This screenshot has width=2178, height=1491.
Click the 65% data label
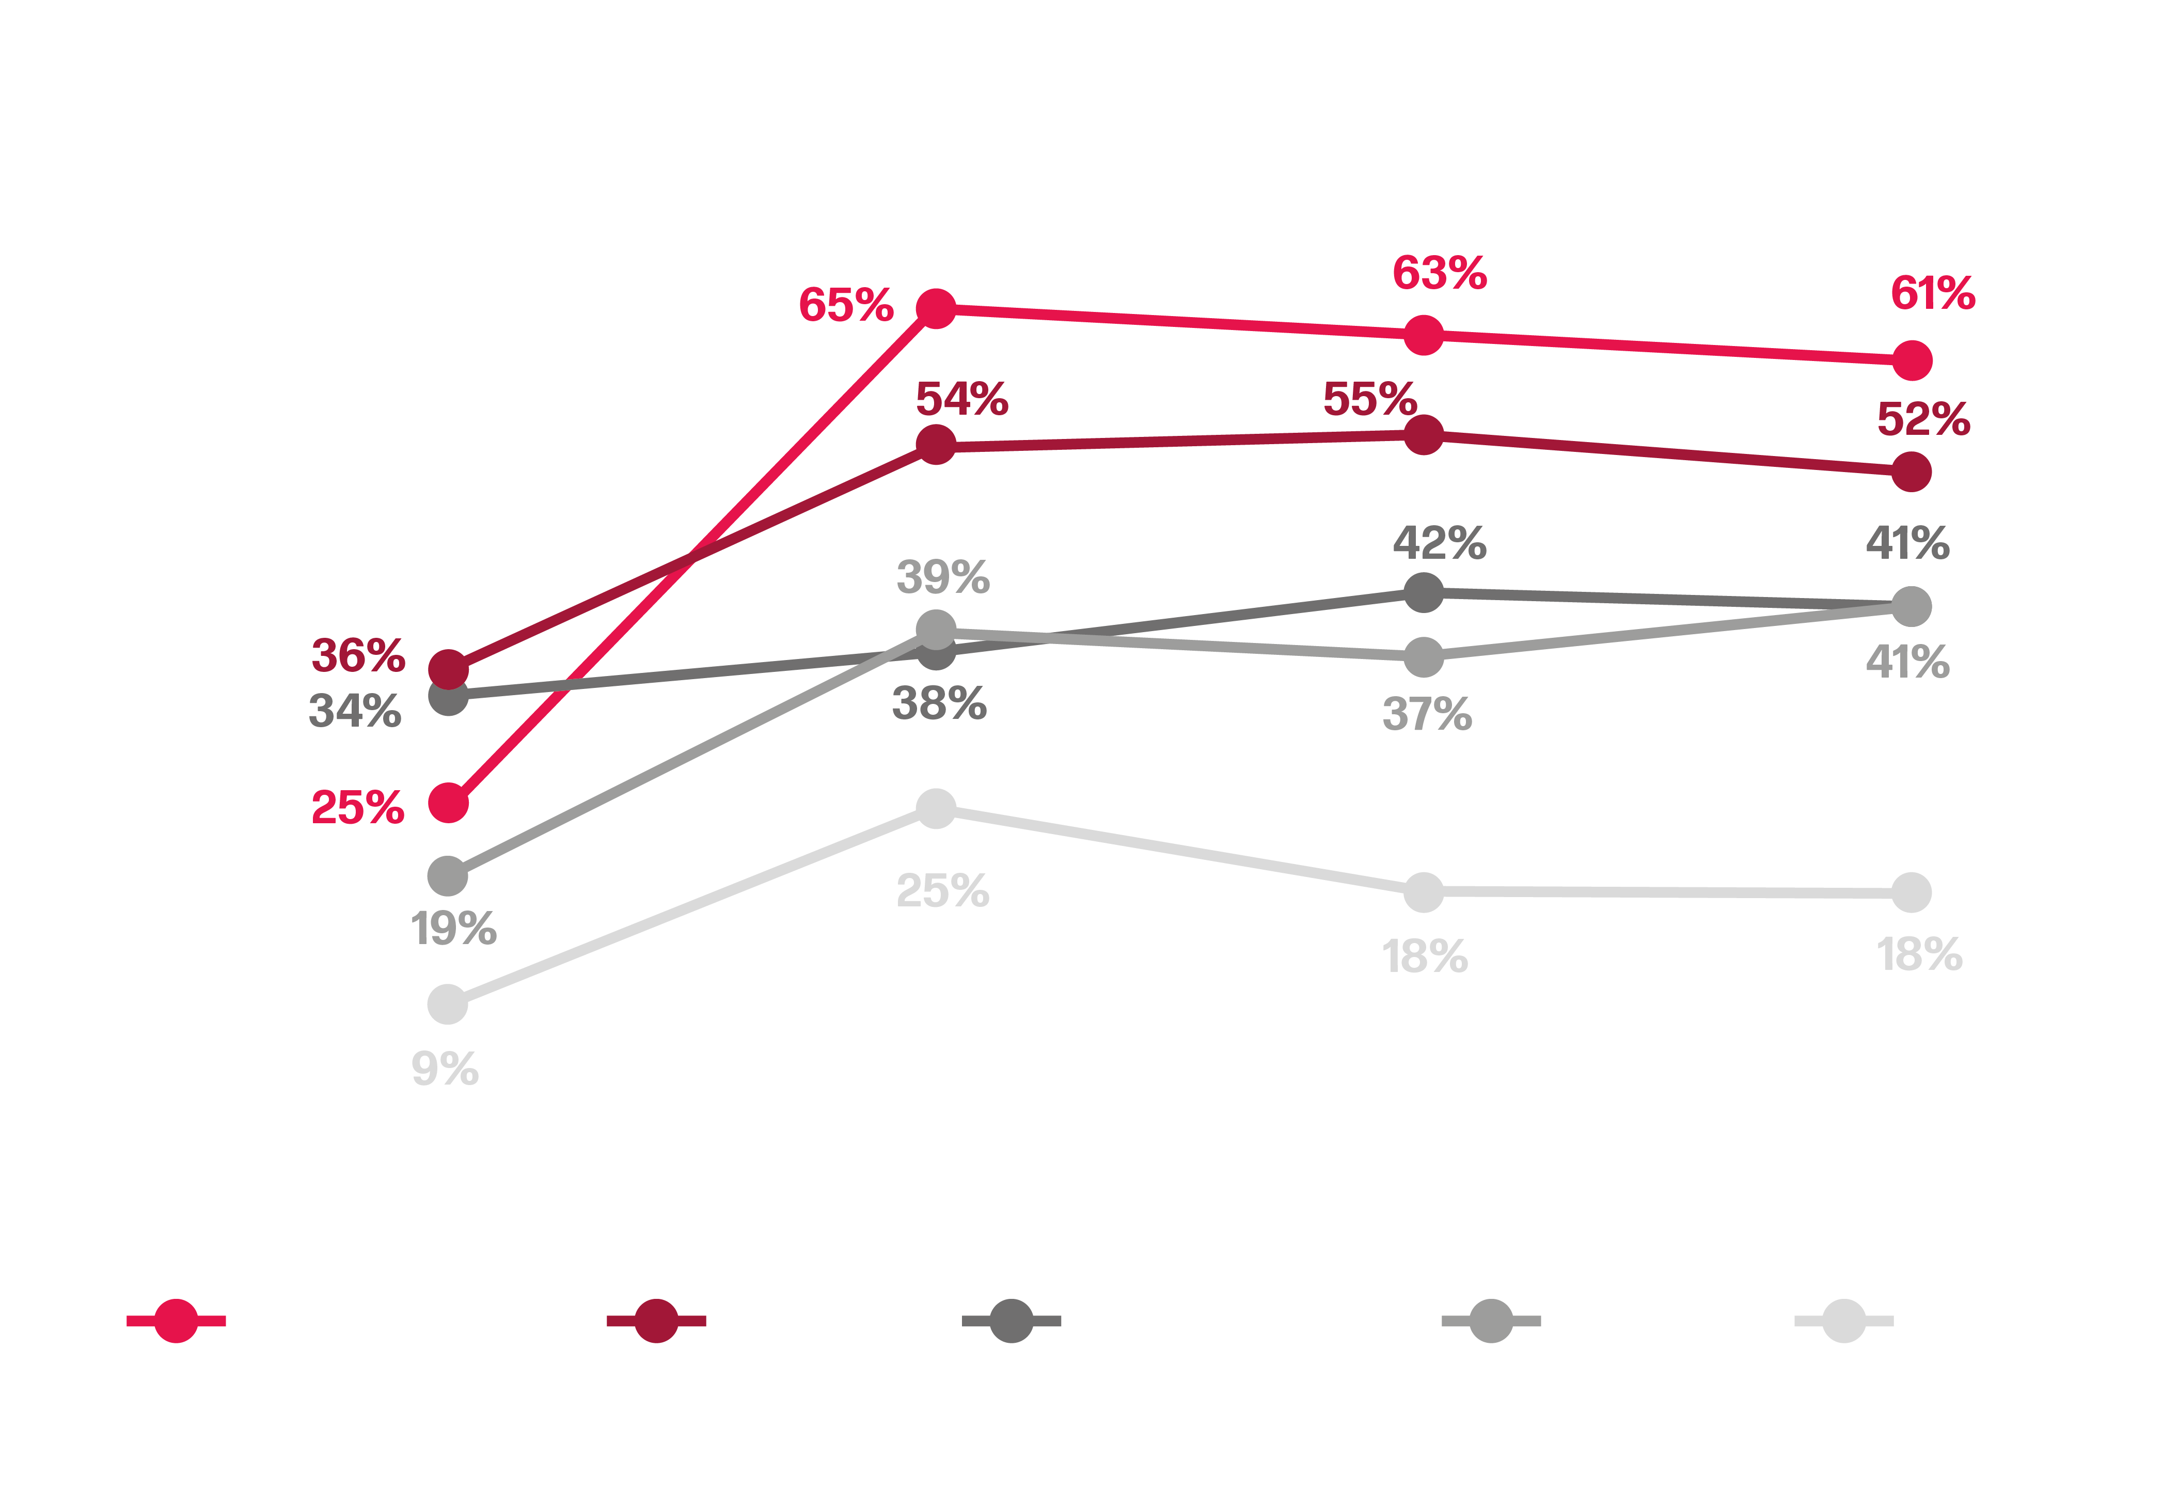(845, 306)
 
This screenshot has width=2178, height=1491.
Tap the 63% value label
(1440, 274)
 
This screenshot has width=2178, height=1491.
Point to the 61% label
(1932, 293)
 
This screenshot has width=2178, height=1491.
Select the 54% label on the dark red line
(961, 399)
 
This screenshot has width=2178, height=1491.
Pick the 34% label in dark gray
(355, 710)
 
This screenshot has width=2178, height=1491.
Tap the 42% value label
(1440, 543)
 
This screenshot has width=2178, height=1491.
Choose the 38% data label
(939, 703)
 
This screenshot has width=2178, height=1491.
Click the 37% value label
(1426, 714)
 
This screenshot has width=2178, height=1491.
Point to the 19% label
(453, 929)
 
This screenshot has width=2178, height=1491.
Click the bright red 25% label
(357, 808)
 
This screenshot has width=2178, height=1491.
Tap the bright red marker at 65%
(935, 308)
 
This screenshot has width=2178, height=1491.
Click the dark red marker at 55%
(1424, 435)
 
